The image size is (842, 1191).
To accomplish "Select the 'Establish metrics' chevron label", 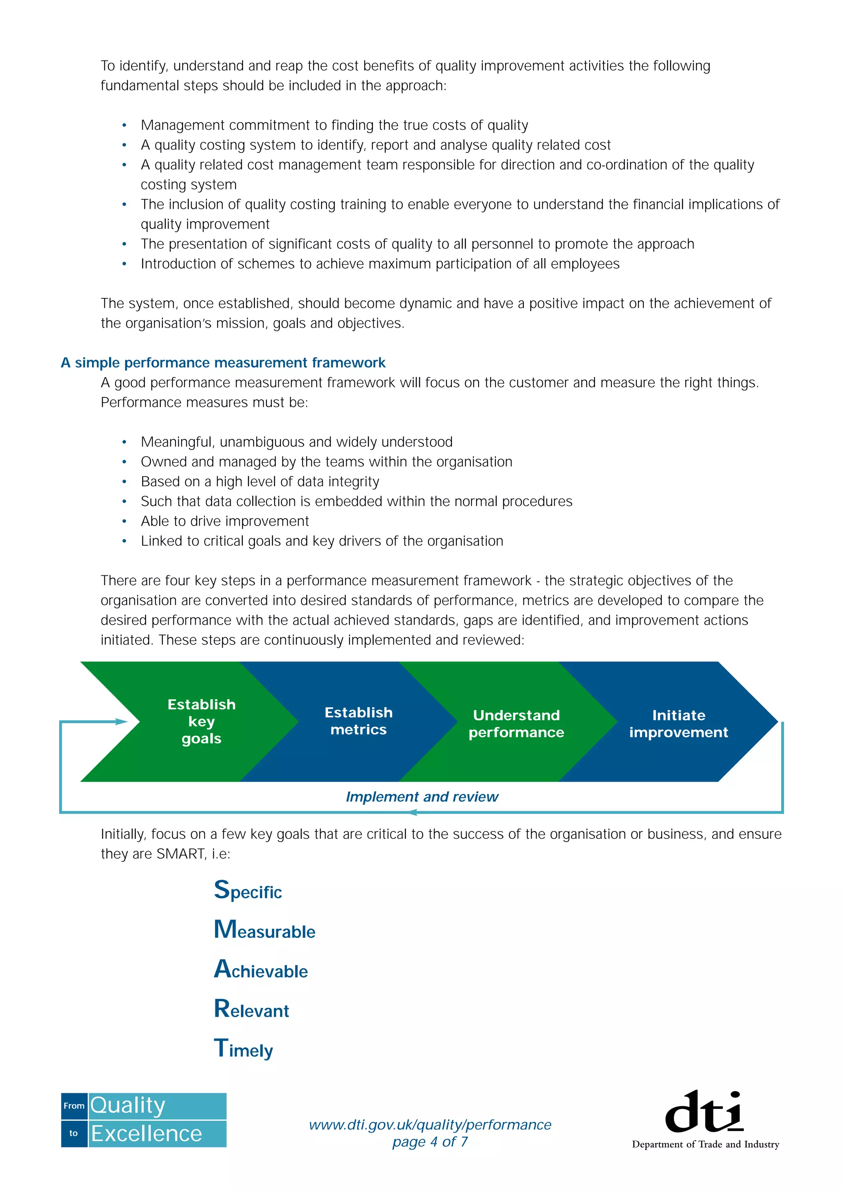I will pos(359,720).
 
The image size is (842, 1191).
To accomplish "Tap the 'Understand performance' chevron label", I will pos(516,723).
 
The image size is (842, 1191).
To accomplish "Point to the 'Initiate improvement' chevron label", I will pos(679,723).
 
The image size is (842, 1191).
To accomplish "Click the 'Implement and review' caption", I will pos(422,797).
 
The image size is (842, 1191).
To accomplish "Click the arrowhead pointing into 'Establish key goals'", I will pos(123,722).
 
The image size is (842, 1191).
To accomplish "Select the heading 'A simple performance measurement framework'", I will pos(223,362).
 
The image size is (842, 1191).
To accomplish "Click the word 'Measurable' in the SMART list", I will pos(265,930).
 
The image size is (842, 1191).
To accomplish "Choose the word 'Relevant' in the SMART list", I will pos(252,1009).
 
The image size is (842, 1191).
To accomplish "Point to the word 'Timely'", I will pos(243,1049).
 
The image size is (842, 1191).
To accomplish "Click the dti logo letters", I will pos(704,1112).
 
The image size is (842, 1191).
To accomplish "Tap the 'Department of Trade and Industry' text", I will pos(706,1144).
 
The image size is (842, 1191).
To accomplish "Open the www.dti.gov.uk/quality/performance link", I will pos(430,1124).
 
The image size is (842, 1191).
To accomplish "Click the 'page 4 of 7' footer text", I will pos(430,1142).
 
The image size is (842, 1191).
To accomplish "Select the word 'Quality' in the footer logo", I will pos(127,1106).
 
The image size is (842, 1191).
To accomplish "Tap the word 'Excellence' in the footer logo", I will pos(146,1134).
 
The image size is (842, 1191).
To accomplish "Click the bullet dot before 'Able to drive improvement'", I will pos(125,522).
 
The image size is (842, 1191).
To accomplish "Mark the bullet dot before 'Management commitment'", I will pos(125,125).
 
